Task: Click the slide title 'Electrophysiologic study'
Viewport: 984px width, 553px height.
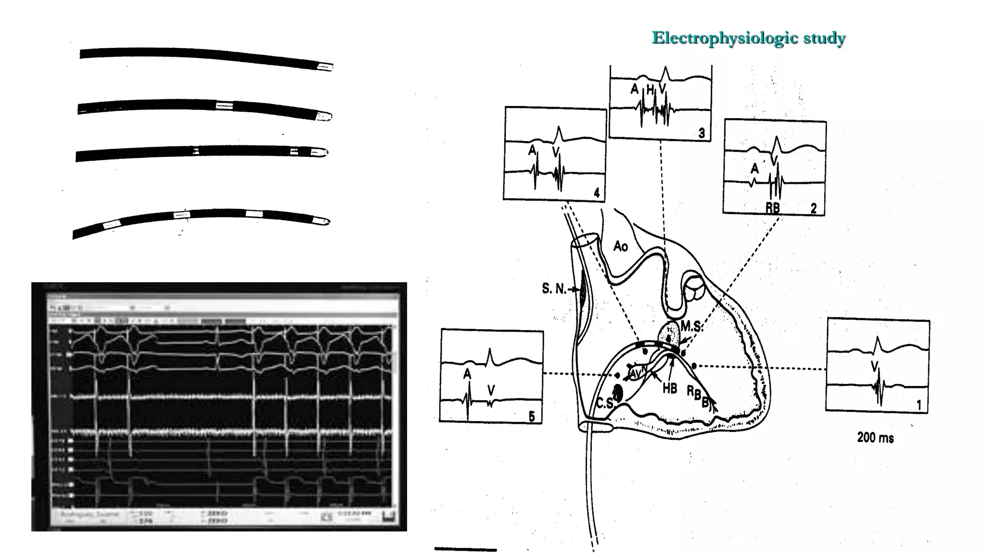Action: click(748, 38)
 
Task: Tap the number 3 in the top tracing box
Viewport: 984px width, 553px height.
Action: click(701, 133)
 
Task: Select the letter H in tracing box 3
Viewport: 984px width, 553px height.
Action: click(650, 89)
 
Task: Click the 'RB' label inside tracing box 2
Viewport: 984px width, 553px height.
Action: click(773, 208)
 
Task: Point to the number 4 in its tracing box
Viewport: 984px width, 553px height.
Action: click(596, 193)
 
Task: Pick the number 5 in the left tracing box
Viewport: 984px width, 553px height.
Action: click(531, 416)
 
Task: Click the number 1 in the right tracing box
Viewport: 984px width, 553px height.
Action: click(919, 405)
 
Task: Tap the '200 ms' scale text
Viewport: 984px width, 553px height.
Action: click(875, 438)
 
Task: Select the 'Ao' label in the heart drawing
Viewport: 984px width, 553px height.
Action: click(620, 247)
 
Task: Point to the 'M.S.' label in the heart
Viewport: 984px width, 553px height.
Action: click(691, 327)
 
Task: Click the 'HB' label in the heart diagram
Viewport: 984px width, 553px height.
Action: click(669, 388)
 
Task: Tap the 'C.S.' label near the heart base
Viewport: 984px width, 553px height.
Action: click(605, 403)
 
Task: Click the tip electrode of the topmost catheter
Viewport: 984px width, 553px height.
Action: click(325, 67)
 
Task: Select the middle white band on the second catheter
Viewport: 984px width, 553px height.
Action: click(224, 106)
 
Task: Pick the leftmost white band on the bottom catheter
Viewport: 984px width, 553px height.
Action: click(111, 224)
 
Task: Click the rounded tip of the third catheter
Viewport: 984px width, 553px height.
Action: click(322, 153)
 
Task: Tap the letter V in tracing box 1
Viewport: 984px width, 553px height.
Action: click(874, 367)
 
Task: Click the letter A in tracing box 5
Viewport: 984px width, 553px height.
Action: click(467, 374)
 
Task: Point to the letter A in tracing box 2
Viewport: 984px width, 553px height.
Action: click(755, 168)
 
